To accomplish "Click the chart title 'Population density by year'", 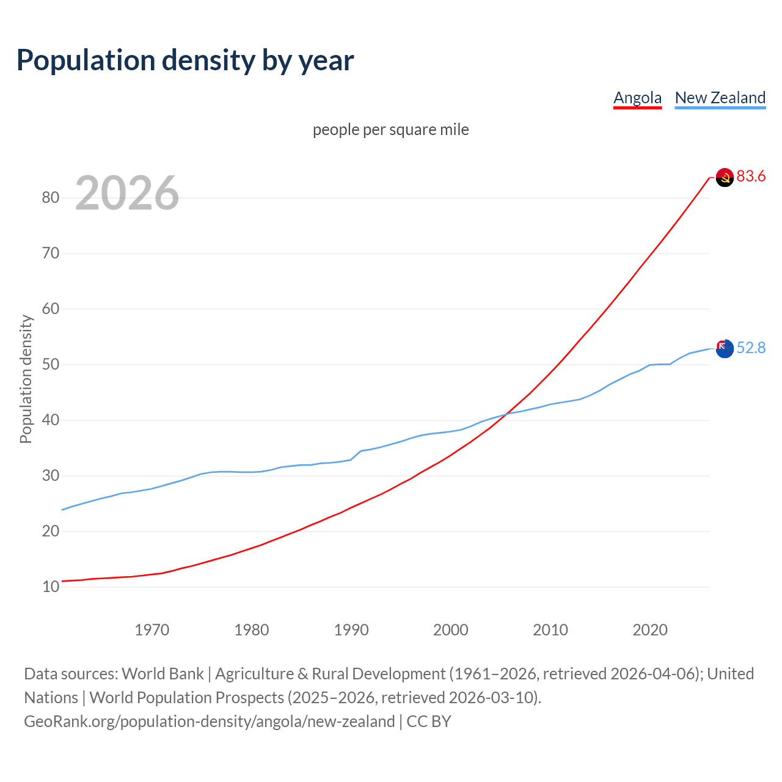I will pos(185,60).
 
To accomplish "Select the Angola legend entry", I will pos(637,98).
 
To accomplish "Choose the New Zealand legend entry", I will pos(720,98).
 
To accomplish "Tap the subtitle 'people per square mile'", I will pos(390,130).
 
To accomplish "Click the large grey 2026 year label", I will pos(127,193).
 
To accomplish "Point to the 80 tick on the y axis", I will pos(51,197).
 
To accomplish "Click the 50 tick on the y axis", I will pos(51,365).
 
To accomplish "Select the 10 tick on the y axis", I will pos(51,587).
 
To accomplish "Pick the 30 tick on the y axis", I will pos(51,476).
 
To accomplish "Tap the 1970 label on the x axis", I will pos(152,630).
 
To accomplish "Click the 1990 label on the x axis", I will pos(351,630).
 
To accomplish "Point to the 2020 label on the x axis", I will pos(650,630).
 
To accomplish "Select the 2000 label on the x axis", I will pos(451,630).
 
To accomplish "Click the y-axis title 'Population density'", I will pos(26,379).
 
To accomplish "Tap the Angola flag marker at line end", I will pos(725,178).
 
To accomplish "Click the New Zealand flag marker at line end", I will pos(725,349).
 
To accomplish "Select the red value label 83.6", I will pos(751,177).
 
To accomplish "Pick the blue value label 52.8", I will pos(751,348).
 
